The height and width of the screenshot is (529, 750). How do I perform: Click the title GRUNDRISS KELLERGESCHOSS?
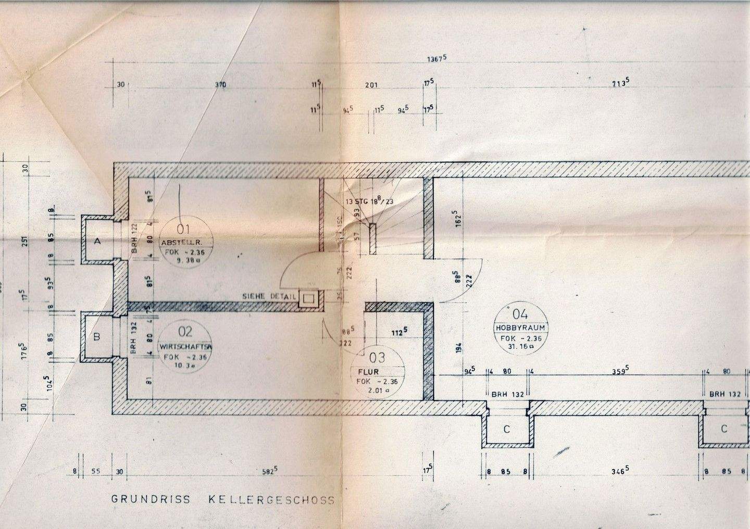click(223, 500)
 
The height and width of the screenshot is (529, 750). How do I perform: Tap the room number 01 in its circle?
click(185, 228)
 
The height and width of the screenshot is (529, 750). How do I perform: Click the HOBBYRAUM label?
click(520, 328)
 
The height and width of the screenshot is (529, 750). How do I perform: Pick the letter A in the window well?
click(96, 241)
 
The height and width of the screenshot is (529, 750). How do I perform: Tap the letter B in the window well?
click(96, 337)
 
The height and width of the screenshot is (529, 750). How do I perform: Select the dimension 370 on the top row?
click(220, 85)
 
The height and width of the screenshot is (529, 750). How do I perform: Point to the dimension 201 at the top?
click(371, 85)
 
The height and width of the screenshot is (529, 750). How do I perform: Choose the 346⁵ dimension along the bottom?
click(618, 472)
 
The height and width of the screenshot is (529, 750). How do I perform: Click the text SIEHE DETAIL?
click(269, 296)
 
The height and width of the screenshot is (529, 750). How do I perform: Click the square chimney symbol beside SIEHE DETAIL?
click(308, 298)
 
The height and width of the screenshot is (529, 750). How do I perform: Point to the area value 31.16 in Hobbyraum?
click(520, 346)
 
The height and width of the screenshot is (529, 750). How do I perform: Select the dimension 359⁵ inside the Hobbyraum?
click(618, 371)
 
